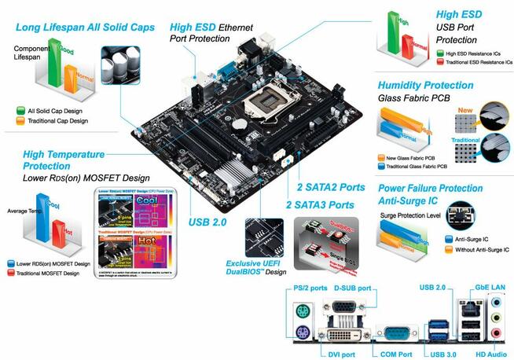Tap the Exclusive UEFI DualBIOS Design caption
pos(255,267)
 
